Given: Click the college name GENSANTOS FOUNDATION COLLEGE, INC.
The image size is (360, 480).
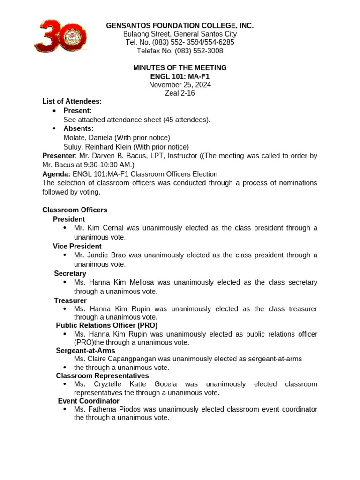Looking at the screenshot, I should tap(180, 26).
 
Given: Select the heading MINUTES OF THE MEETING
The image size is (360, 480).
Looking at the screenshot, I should tap(180, 68).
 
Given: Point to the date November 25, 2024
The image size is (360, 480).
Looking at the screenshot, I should tap(180, 85).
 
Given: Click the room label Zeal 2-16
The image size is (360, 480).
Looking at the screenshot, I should tap(180, 93).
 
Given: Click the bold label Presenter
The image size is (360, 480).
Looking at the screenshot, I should tap(59, 156).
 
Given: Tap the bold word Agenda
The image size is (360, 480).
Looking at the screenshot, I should tap(56, 174).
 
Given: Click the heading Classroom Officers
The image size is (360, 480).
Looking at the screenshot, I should tap(75, 210).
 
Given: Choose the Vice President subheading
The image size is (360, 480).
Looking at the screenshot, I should tap(77, 247).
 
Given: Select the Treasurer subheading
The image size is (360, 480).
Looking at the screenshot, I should tap(70, 301).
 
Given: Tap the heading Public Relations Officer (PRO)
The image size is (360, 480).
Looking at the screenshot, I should tap(106, 325).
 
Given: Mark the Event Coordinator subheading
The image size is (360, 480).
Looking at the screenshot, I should tap(89, 401).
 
